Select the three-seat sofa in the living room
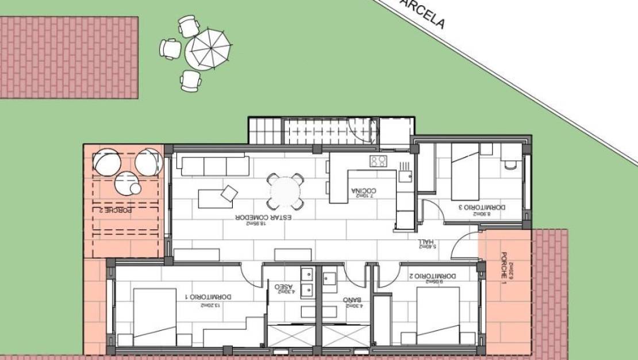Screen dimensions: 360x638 click(214, 166)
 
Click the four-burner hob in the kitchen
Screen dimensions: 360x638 click(378, 161)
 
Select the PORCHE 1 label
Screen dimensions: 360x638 click(504, 267)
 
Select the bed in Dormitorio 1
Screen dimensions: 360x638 click(155, 317)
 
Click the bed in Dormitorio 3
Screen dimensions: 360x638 click(465, 171)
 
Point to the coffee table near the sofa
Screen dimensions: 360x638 click(216, 198)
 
